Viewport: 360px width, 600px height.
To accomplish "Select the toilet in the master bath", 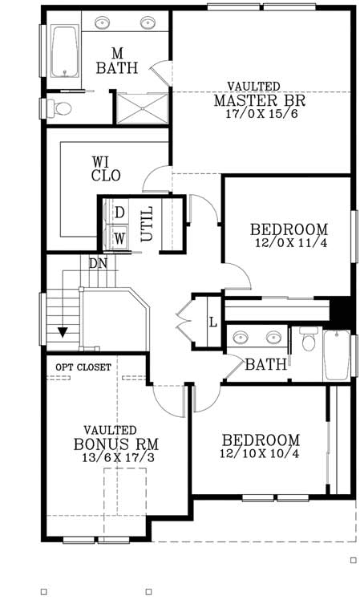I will click(61, 107).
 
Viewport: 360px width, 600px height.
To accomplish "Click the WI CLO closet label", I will click(105, 168).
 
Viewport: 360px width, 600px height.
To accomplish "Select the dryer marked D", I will click(119, 213).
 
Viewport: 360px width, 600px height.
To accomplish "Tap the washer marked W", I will click(119, 238).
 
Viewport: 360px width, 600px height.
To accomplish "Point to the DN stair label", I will click(98, 263).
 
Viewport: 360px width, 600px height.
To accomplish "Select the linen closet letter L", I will click(212, 322).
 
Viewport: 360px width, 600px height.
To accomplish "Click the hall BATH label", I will click(265, 365).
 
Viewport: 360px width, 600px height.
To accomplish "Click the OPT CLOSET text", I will click(83, 367).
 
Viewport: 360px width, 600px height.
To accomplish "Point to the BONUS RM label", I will click(116, 444).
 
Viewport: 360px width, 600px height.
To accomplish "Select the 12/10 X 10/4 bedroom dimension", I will click(261, 454).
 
